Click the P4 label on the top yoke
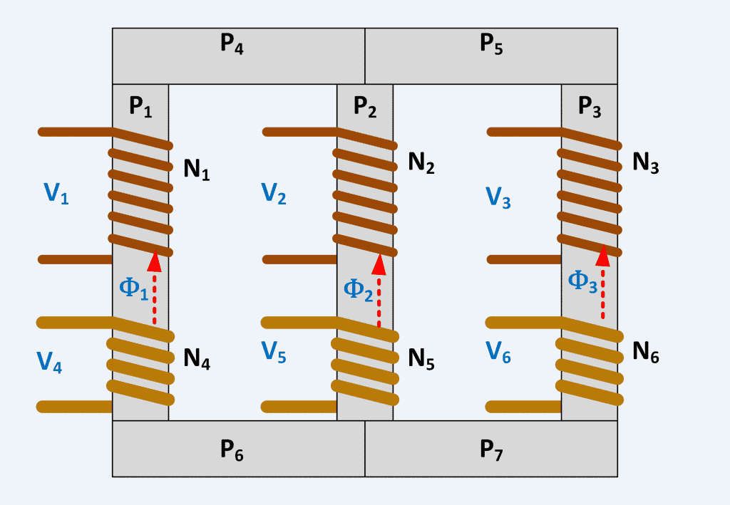(x=232, y=44)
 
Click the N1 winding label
(x=197, y=171)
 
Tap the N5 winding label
(x=421, y=358)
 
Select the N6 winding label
(x=646, y=352)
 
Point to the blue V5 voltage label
(x=274, y=353)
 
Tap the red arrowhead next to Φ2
(x=379, y=264)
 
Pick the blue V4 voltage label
(x=49, y=363)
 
